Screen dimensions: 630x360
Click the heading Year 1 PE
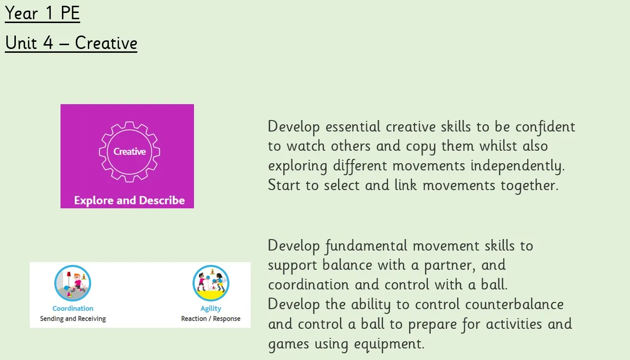pos(42,13)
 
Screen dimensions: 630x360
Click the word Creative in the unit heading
pos(106,43)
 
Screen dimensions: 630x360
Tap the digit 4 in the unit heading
pos(48,43)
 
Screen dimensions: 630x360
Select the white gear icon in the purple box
pos(129,152)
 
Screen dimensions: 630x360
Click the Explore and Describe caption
pos(129,201)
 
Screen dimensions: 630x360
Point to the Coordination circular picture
pos(73,283)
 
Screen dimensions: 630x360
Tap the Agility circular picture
pos(211,283)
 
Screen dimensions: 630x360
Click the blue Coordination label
pos(73,309)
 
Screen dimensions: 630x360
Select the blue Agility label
pos(211,309)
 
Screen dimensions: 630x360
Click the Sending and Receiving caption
pos(73,319)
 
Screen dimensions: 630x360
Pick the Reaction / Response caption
pos(211,319)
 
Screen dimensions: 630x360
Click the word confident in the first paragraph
pos(545,127)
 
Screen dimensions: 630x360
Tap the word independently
pos(518,166)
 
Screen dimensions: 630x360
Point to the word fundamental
pos(366,246)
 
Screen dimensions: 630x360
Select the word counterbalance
pos(514,305)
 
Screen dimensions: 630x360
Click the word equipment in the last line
pos(389,344)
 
